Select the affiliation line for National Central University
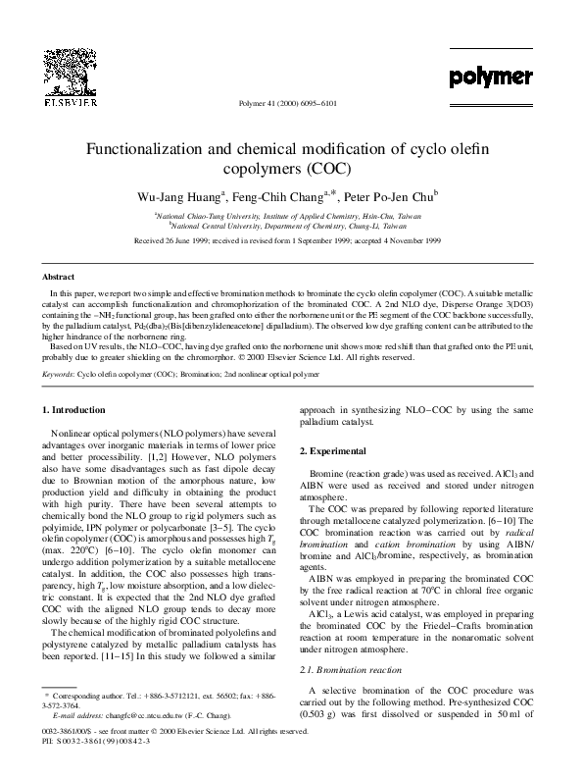pyautogui.click(x=290, y=225)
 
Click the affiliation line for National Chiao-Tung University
pyautogui.click(x=291, y=215)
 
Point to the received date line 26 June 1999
pyautogui.click(x=291, y=238)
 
